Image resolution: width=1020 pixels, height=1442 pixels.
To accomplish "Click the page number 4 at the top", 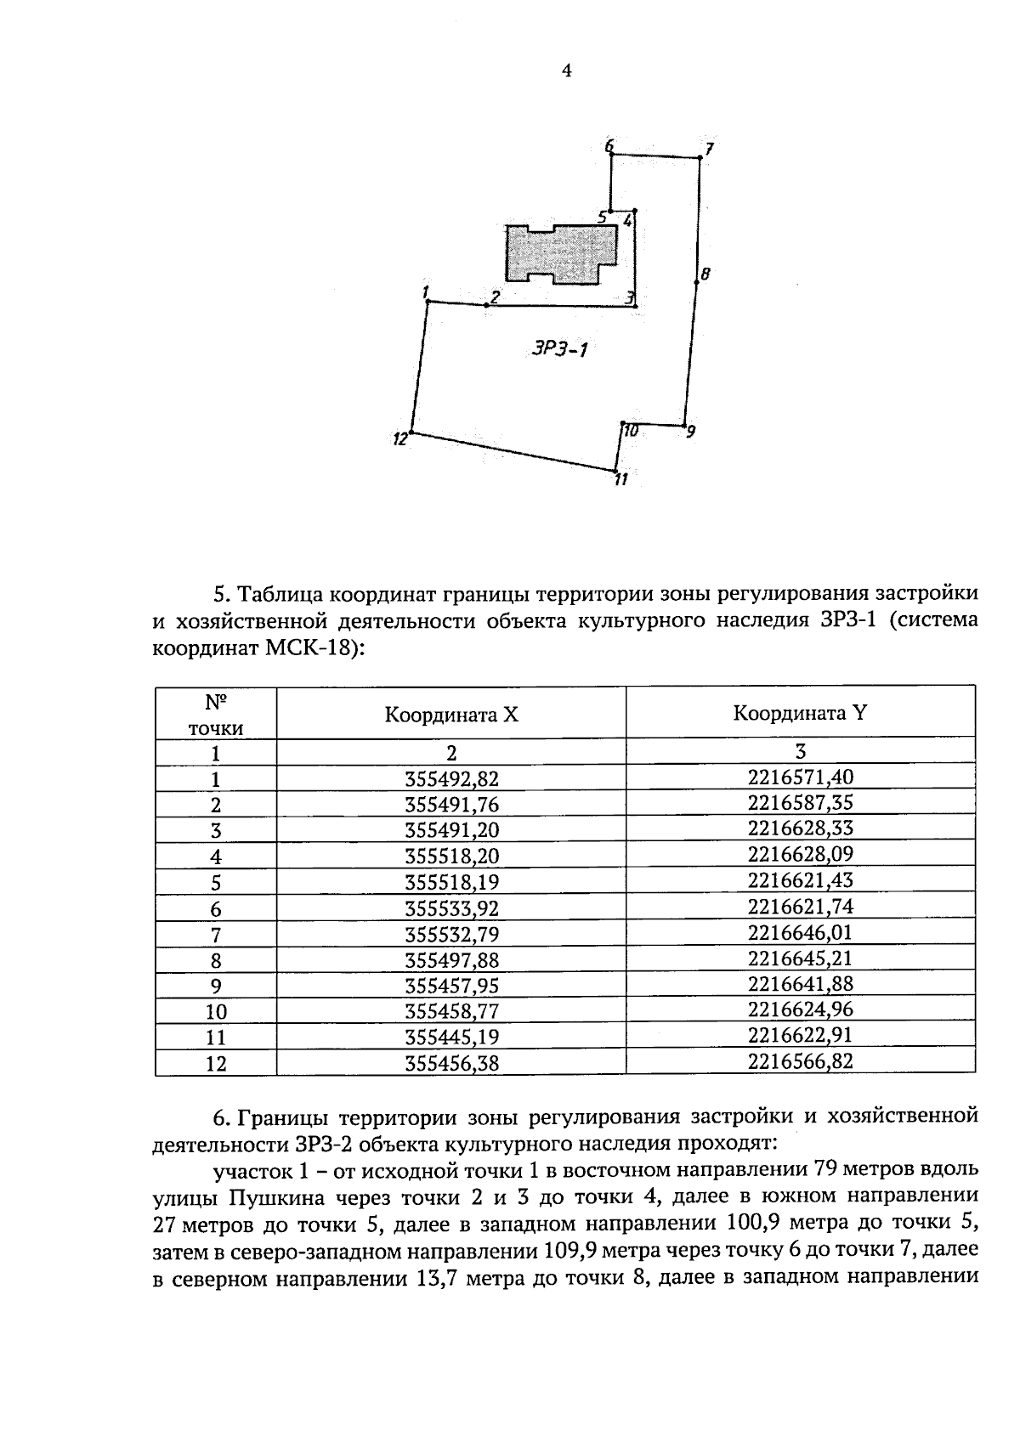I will pyautogui.click(x=567, y=71).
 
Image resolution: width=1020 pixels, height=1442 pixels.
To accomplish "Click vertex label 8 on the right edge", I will pyautogui.click(x=705, y=274).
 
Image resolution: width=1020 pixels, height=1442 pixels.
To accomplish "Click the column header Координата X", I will pyautogui.click(x=450, y=715).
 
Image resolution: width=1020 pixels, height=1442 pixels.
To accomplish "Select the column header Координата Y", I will pyautogui.click(x=800, y=713).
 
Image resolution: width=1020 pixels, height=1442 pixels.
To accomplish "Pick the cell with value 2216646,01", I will pyautogui.click(x=801, y=932).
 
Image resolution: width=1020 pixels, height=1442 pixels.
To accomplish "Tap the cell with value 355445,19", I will pyautogui.click(x=451, y=1038).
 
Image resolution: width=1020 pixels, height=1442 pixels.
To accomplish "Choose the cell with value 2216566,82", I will pyautogui.click(x=801, y=1061).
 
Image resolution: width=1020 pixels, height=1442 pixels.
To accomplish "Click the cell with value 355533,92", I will pyautogui.click(x=451, y=908).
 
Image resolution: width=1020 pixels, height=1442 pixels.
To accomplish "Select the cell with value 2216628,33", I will pyautogui.click(x=801, y=828).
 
